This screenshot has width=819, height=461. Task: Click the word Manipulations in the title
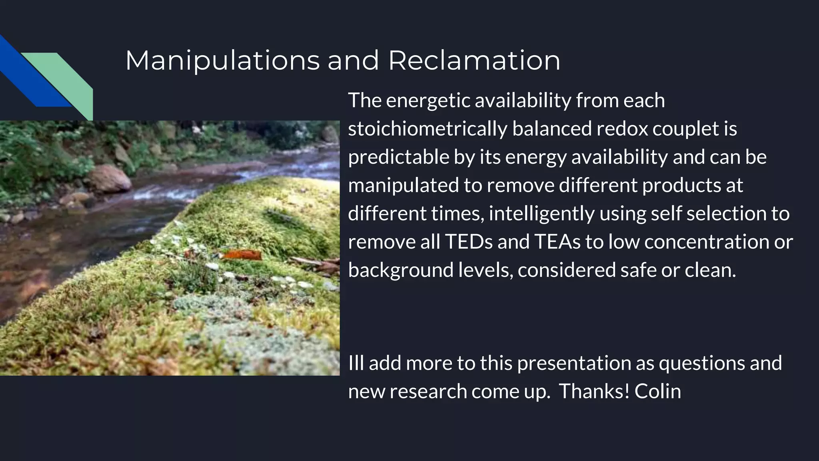[222, 61]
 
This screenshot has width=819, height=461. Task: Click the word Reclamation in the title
[474, 61]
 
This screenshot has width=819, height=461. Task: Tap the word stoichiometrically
[427, 129]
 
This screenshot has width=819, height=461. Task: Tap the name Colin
[657, 391]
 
